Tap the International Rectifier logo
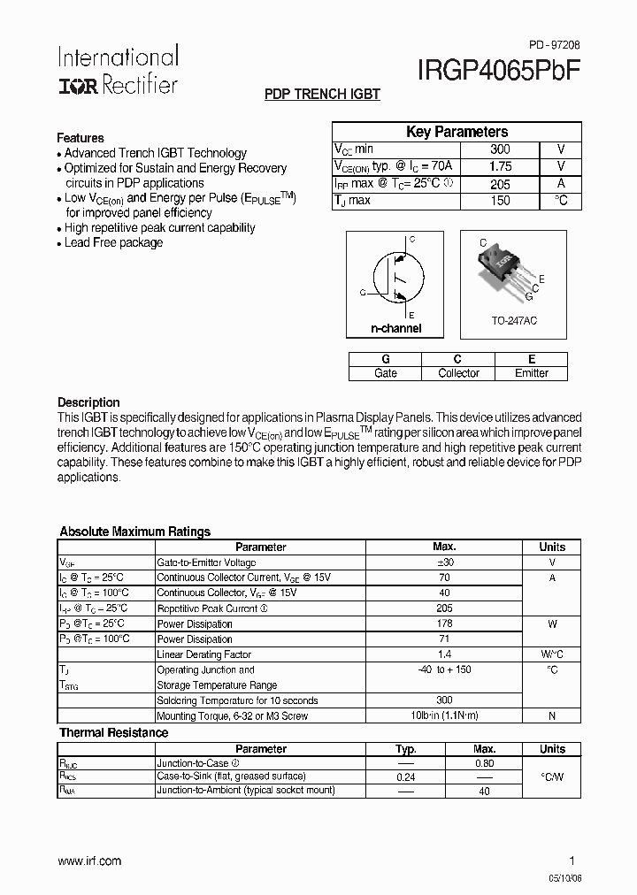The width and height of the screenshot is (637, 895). pos(118,70)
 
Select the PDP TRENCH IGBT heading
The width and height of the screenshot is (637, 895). pos(322,95)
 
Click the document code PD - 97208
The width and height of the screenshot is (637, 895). pos(555,44)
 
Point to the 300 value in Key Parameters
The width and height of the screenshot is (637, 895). pos(500,150)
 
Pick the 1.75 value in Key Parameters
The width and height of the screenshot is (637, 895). pos(500,166)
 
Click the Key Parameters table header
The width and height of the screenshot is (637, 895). pos(457,132)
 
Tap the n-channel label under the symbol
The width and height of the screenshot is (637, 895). pos(395,329)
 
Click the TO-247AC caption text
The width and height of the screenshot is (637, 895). pos(515,321)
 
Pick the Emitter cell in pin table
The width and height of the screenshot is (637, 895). pos(532,373)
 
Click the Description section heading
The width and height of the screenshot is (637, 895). pos(88,402)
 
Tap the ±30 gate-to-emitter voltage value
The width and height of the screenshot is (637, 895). pos(444,562)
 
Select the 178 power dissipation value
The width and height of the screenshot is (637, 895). pos(444,623)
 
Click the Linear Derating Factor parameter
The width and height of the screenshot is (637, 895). pos(203,654)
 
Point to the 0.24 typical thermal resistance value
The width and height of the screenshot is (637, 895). pos(406,776)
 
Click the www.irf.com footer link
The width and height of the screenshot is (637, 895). pos(89,861)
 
